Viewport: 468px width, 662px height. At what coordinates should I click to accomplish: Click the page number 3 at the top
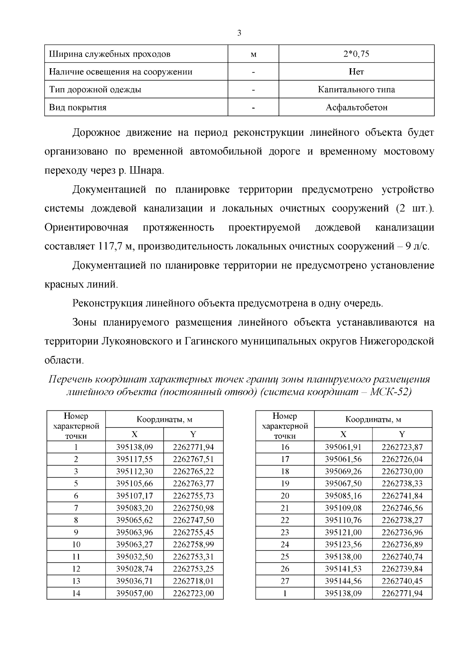(x=239, y=33)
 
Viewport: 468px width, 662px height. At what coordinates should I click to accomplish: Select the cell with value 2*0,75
(x=356, y=54)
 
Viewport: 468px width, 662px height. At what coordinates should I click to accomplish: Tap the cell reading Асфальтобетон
(x=356, y=107)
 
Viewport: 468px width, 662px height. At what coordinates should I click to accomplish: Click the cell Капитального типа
(x=356, y=90)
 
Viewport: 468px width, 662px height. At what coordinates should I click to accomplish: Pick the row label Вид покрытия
(x=78, y=107)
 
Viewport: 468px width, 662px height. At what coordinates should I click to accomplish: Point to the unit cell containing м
(x=253, y=54)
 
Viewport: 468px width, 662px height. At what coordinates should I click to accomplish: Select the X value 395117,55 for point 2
(x=135, y=459)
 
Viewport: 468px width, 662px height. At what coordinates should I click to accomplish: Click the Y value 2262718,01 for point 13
(x=193, y=581)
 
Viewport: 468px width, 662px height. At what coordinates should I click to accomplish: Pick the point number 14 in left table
(x=76, y=593)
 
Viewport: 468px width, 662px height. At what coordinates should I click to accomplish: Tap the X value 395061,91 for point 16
(x=343, y=447)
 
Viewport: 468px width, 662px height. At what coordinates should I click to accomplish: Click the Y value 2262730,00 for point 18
(x=402, y=471)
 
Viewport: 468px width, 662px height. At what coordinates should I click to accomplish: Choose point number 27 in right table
(x=285, y=581)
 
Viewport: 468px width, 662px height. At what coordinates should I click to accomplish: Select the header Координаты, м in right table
(x=373, y=419)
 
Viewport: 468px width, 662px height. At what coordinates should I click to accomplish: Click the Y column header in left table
(x=193, y=435)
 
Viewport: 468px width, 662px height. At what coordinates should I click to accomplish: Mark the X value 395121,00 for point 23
(x=343, y=532)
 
